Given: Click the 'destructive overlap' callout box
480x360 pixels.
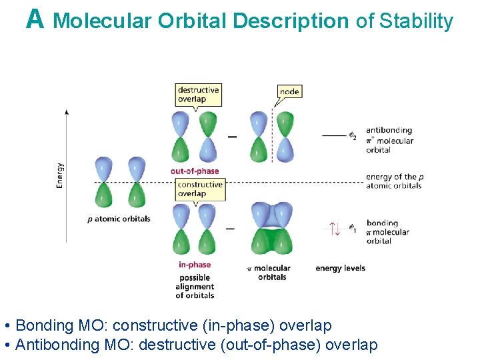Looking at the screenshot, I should pos(198,95).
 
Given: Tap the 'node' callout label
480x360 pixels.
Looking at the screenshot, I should pos(289,91).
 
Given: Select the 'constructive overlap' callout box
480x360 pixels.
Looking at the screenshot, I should pos(201,189).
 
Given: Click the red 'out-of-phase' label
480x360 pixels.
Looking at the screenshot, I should pos(195,171).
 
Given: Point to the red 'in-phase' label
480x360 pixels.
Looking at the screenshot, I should pos(195,265).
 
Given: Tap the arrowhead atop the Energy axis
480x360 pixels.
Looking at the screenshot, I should pos(67,111).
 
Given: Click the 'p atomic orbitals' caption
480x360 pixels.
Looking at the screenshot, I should pos(119,219).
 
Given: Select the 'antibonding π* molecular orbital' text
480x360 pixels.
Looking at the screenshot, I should pos(389,140).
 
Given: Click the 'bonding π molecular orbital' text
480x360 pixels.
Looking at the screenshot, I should pos(387,231).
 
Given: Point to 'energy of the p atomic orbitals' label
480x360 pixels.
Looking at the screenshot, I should pos(394,181).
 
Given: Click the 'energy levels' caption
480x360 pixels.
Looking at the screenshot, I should pos(340,268).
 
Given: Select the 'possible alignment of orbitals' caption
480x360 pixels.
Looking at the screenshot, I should pos(195,287).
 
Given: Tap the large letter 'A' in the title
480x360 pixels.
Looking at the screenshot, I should pos(35,19).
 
